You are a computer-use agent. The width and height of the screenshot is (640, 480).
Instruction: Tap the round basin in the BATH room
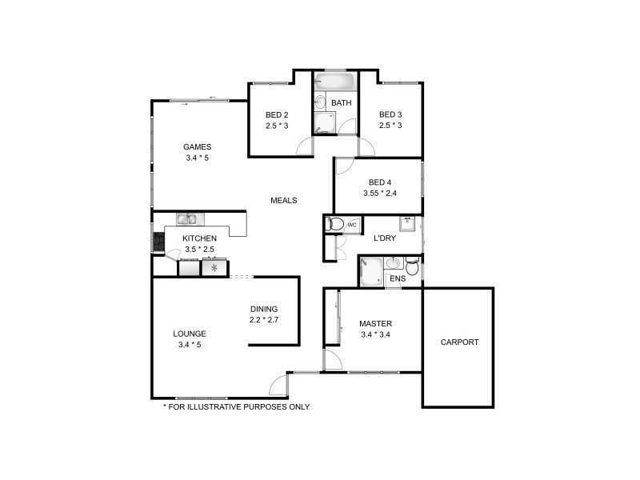[320, 102]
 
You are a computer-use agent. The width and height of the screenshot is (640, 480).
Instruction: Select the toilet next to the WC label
[335, 225]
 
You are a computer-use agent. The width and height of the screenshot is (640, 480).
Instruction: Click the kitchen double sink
[189, 218]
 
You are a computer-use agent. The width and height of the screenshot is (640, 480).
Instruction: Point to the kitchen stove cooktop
[158, 241]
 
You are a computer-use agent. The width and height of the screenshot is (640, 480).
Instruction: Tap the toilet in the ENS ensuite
[412, 266]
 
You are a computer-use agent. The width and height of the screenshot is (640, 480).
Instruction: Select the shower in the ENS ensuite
[370, 270]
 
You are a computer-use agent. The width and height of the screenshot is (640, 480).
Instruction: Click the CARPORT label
[459, 342]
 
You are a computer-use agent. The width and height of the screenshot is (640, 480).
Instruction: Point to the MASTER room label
[375, 324]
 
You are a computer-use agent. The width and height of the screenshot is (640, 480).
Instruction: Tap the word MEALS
[284, 201]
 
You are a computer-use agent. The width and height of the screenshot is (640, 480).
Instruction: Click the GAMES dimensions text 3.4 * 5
[196, 158]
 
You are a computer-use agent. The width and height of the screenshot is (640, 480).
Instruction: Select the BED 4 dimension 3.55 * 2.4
[378, 193]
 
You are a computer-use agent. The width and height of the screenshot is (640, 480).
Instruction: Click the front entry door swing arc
[277, 386]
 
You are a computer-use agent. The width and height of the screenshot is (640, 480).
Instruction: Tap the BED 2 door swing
[304, 146]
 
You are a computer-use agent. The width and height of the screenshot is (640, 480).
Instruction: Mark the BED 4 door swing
[343, 166]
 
